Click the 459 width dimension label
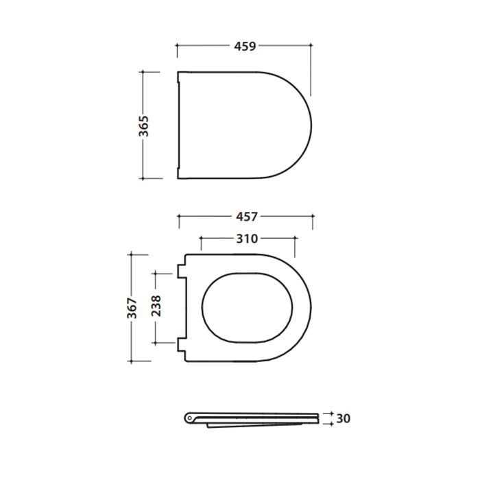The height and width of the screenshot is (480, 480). pyautogui.click(x=245, y=47)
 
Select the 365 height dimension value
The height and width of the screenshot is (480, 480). pyautogui.click(x=143, y=125)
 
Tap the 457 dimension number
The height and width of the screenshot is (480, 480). pyautogui.click(x=245, y=217)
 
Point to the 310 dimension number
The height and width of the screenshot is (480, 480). pyautogui.click(x=247, y=239)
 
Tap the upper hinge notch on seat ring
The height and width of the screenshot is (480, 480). pyautogui.click(x=182, y=271)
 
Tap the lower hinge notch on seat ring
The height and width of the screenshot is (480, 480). pyautogui.click(x=182, y=344)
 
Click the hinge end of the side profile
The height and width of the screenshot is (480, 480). pyautogui.click(x=190, y=416)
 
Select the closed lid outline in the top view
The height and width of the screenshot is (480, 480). pyautogui.click(x=243, y=125)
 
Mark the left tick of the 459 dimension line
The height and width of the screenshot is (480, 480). pyautogui.click(x=178, y=47)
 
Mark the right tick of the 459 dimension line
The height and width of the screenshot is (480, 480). pyautogui.click(x=311, y=47)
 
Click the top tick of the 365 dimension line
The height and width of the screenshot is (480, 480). pyautogui.click(x=143, y=71)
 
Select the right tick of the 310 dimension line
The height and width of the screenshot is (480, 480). pyautogui.click(x=295, y=239)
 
